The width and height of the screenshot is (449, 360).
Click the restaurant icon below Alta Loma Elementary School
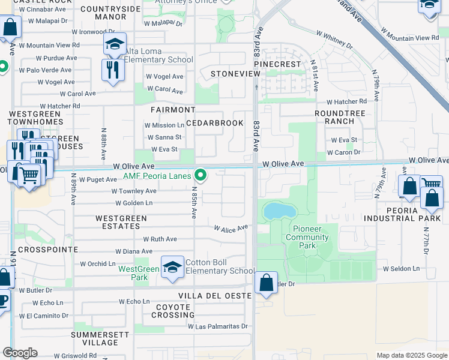tap(113, 70)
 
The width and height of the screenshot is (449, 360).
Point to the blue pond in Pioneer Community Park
tap(279, 210)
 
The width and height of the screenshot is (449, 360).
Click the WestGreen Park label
tap(139, 273)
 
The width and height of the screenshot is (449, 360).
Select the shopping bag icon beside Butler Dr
tap(266, 282)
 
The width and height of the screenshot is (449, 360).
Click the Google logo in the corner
tap(20, 353)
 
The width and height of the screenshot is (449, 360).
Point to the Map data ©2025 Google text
tap(411, 355)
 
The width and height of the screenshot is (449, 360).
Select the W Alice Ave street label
tap(231, 228)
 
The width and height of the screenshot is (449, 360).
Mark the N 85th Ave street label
tap(194, 204)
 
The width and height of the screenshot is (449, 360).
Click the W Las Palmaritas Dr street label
tap(217, 326)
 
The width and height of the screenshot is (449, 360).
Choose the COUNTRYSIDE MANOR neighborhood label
tap(110, 13)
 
